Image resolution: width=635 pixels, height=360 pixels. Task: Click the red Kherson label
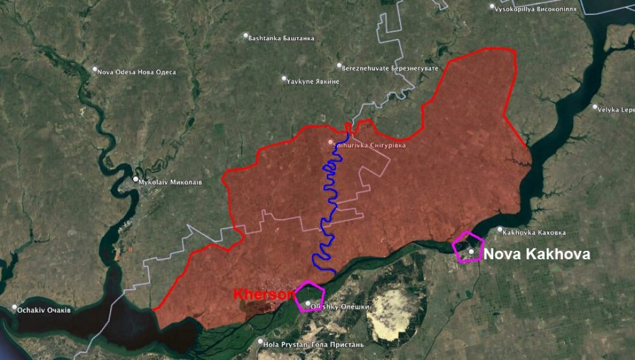click(263, 295)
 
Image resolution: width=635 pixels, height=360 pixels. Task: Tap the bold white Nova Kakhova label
click(537, 254)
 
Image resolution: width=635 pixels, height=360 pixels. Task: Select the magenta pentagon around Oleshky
click(310, 296)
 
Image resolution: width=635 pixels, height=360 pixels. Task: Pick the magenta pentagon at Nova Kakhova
click(468, 247)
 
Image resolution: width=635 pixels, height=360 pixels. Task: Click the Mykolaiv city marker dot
click(136, 179)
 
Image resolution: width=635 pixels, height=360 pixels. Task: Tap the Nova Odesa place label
click(137, 72)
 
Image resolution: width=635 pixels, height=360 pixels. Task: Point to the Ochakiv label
click(45, 310)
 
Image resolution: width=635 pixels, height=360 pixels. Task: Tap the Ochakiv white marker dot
click(15, 308)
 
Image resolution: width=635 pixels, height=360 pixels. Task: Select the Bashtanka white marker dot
click(245, 36)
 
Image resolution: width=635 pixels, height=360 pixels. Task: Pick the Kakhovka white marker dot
click(500, 229)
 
